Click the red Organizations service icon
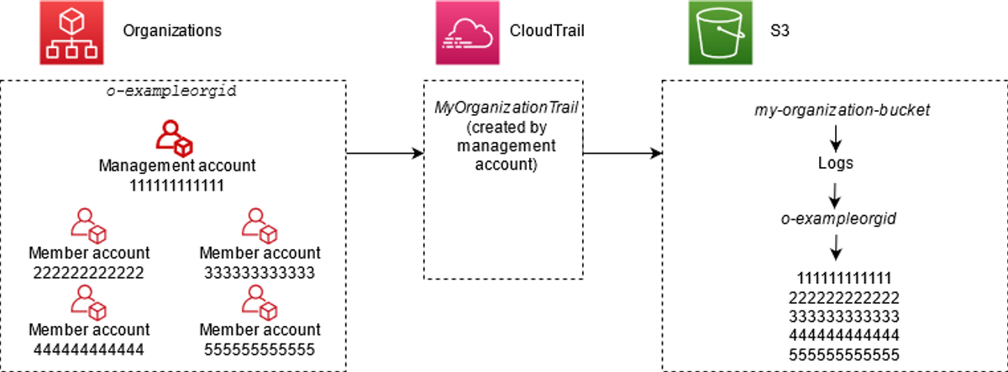click(x=71, y=33)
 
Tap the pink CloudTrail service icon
click(x=468, y=33)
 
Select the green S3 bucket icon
click(x=721, y=33)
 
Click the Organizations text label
click(x=172, y=30)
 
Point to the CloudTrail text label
click(x=547, y=30)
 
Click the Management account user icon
click(x=174, y=138)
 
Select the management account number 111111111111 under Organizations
click(x=177, y=186)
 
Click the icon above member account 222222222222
click(x=88, y=225)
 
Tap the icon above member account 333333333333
click(x=260, y=225)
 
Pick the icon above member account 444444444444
click(x=88, y=303)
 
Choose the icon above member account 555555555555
click(x=260, y=303)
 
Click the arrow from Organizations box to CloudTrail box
click(x=385, y=154)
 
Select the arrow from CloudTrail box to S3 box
click(x=622, y=154)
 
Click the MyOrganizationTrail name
click(x=506, y=107)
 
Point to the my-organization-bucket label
click(x=842, y=110)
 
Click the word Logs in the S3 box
click(x=836, y=163)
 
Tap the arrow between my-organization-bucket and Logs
click(x=836, y=139)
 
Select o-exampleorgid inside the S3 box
click(x=838, y=218)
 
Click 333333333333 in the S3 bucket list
click(x=843, y=317)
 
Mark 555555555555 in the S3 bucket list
click(x=843, y=355)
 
